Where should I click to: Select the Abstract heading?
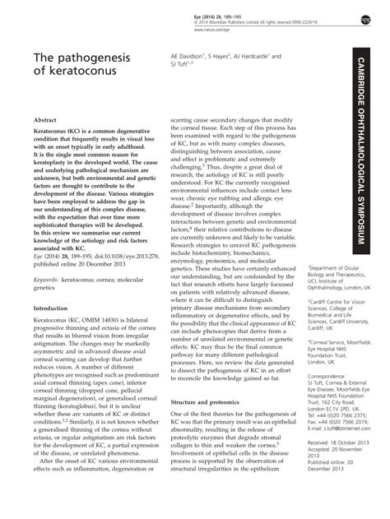coord(44,119)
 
